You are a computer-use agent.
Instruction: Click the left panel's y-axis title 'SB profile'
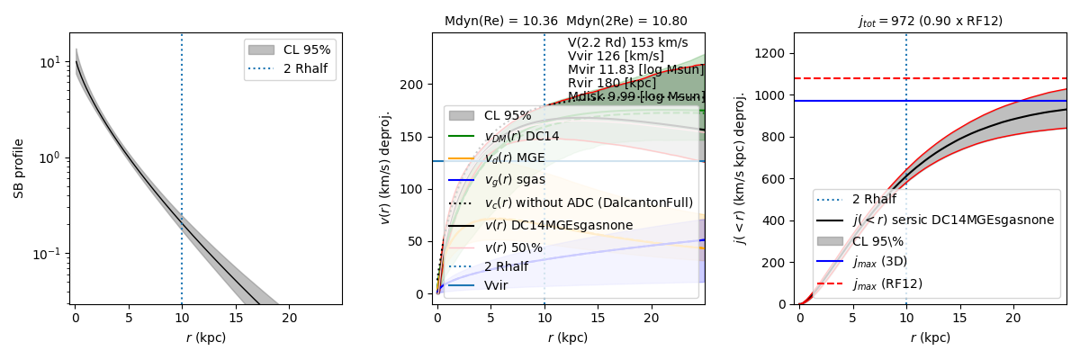(x=18, y=168)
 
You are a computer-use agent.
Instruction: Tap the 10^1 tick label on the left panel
(x=52, y=62)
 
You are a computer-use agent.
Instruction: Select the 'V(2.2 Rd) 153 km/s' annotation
(x=627, y=42)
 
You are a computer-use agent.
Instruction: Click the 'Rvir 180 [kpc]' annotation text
(x=612, y=83)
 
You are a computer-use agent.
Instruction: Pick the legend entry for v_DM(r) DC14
(x=521, y=136)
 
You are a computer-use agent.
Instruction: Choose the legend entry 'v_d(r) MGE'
(x=513, y=158)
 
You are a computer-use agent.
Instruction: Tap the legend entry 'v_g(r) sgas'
(x=512, y=180)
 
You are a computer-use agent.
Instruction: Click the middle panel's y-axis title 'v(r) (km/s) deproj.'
(x=385, y=168)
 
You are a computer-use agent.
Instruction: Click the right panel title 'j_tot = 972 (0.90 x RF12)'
(x=930, y=21)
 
